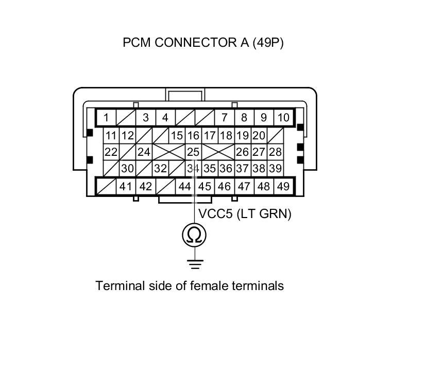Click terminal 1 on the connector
[x=106, y=118]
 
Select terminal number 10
[x=283, y=118]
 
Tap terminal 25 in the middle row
[x=193, y=152]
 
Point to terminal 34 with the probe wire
[x=193, y=168]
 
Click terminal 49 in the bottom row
[x=283, y=186]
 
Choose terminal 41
[x=126, y=186]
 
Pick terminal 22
[x=111, y=152]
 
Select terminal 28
[x=276, y=152]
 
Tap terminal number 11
[x=111, y=136]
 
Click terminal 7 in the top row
[x=224, y=118]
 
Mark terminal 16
[x=193, y=136]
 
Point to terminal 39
[x=276, y=168]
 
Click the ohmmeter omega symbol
[x=194, y=235]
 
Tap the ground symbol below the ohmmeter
[x=195, y=264]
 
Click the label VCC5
[x=216, y=214]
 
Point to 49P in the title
[x=268, y=43]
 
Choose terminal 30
[x=127, y=168]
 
